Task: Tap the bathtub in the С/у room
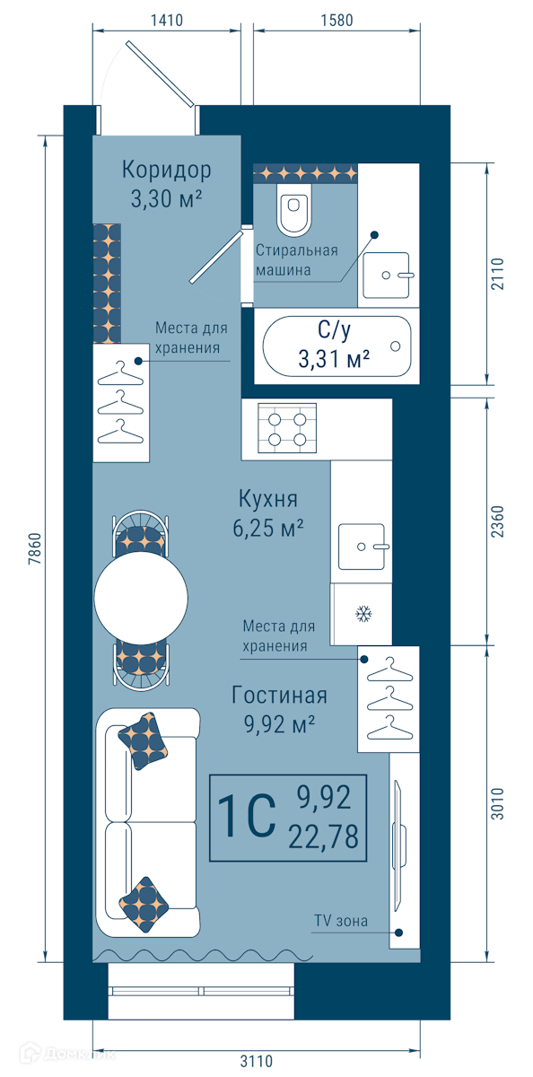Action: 336,346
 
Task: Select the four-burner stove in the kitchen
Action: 287,428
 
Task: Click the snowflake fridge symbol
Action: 363,614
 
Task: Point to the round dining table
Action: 141,599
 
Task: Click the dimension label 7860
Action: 35,548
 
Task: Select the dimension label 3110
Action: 256,1061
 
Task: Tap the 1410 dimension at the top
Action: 166,20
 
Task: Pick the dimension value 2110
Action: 497,274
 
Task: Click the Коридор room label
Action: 166,170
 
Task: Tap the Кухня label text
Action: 268,499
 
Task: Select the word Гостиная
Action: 279,696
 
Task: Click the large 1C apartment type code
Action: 247,817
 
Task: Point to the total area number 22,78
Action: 323,836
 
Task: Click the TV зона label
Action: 341,921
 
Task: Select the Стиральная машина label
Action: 296,260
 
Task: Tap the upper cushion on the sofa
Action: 143,741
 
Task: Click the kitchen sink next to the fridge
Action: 363,547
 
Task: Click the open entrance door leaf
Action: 160,74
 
